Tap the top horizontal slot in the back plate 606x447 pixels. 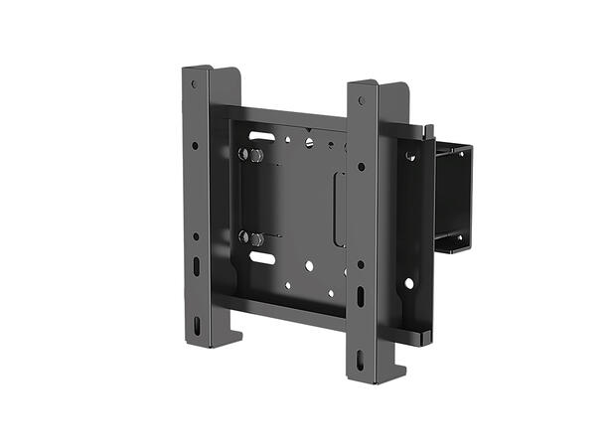[x=261, y=135]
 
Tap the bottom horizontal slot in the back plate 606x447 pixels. [x=262, y=258]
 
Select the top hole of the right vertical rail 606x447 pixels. [x=362, y=100]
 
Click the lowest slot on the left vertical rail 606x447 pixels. [x=198, y=325]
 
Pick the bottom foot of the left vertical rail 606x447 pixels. [x=211, y=338]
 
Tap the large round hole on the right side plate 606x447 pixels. [x=408, y=283]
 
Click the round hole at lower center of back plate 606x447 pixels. [x=309, y=266]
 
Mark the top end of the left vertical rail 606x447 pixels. [x=211, y=71]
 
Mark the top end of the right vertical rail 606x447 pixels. [x=378, y=85]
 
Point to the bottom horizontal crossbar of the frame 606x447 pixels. [x=278, y=304]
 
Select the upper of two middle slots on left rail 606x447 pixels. [x=197, y=265]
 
